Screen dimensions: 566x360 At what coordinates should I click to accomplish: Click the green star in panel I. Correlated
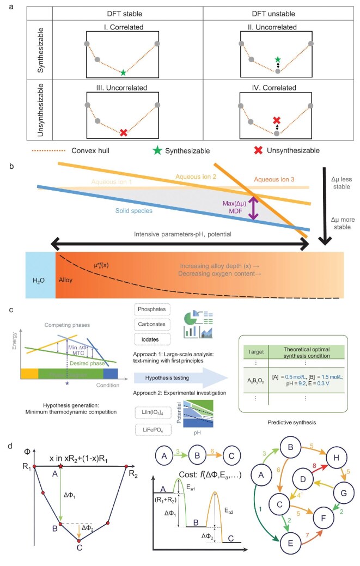coord(124,72)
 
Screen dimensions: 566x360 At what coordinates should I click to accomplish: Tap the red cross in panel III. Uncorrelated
coord(124,132)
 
